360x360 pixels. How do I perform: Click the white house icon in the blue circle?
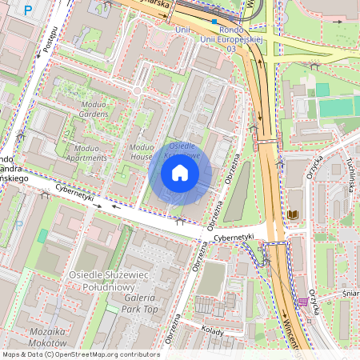[180, 173]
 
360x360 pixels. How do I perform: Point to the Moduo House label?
[141, 152]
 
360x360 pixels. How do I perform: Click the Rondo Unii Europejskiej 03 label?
[210, 38]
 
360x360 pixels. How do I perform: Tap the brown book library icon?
[293, 215]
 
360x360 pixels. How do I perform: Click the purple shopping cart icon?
[302, 302]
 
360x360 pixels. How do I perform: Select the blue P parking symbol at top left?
[29, 10]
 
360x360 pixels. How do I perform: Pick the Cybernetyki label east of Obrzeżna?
[233, 238]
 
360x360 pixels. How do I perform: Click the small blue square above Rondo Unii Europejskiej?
[214, 22]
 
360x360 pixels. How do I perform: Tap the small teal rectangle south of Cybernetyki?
[42, 237]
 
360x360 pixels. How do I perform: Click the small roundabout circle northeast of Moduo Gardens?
[137, 91]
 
